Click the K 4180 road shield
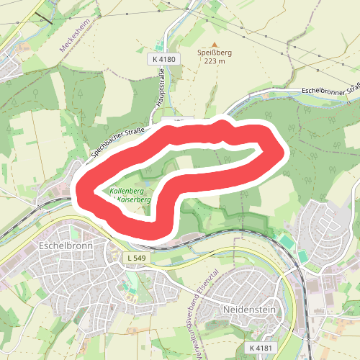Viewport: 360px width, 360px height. coord(164,58)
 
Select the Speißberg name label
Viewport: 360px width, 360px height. coord(214,52)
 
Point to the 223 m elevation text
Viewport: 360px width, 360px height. coord(214,61)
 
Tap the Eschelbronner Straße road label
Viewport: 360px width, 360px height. coord(332,90)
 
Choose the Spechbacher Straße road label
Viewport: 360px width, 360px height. coord(119,142)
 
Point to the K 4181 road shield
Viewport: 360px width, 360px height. coord(261,348)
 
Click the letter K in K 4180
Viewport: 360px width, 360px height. coord(155,58)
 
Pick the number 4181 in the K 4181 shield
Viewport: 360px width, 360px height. coord(265,348)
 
